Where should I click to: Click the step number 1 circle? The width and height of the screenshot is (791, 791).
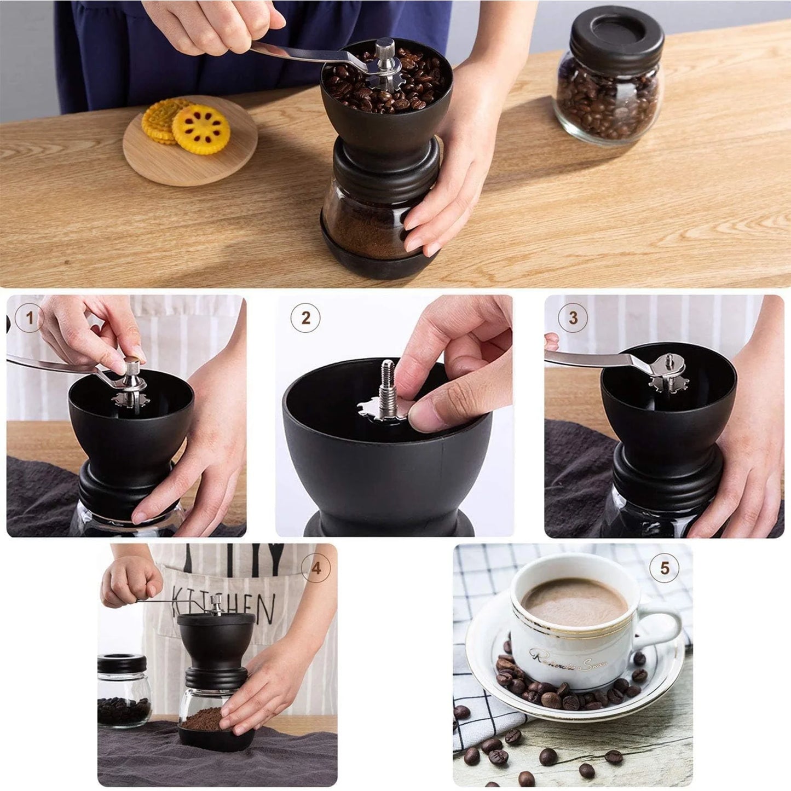[x=29, y=318]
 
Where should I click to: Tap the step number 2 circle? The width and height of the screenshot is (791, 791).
[x=305, y=318]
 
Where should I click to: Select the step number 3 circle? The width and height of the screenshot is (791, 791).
[x=573, y=318]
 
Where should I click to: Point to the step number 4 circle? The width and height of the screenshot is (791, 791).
[x=316, y=568]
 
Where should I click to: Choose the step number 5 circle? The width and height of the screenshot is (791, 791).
[x=665, y=568]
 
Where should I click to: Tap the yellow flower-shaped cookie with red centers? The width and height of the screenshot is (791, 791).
[x=201, y=129]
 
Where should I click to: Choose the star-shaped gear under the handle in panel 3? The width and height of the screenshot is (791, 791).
[x=669, y=382]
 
